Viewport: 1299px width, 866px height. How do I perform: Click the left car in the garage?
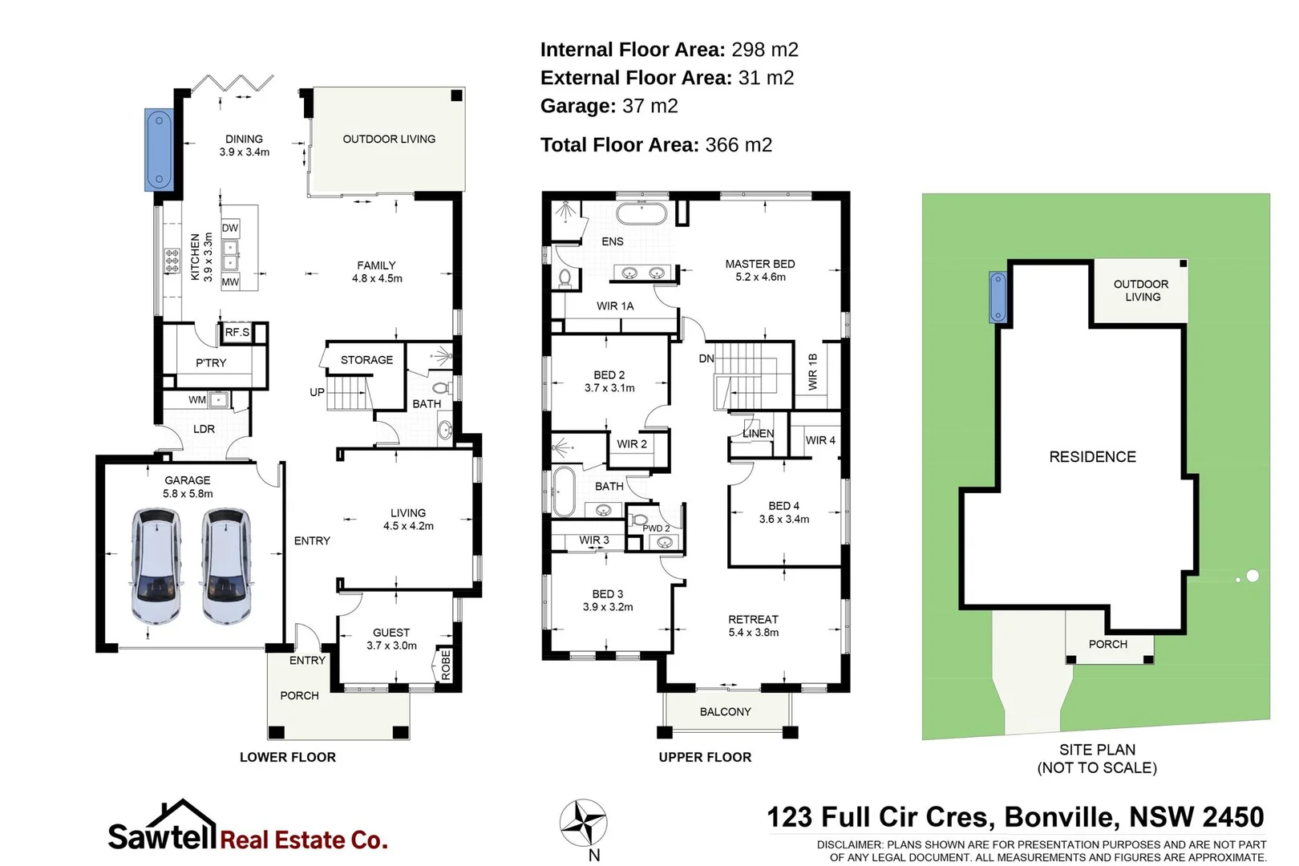[x=156, y=565]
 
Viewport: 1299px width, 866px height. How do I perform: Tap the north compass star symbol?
[x=583, y=823]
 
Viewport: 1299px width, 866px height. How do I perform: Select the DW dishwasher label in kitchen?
[x=230, y=228]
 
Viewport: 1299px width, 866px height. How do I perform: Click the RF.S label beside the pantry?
[x=237, y=332]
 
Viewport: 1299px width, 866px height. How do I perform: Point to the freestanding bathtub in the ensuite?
[x=641, y=213]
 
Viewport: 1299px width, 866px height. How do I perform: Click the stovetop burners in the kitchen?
[x=172, y=261]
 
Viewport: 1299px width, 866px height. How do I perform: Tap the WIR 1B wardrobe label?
[x=812, y=372]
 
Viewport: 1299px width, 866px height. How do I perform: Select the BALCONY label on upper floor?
[x=726, y=712]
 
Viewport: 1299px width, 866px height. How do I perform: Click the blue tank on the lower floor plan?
[x=158, y=150]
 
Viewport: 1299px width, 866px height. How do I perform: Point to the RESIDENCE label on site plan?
[x=1093, y=457]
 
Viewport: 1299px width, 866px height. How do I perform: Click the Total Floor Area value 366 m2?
[x=739, y=144]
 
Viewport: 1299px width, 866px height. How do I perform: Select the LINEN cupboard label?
[x=758, y=433]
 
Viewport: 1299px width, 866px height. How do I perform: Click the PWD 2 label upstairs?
[x=656, y=528]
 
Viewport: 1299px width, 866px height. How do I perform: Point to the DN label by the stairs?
[x=706, y=358]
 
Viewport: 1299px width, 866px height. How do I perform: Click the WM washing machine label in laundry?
[x=197, y=399]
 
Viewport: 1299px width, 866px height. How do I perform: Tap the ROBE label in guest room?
[x=445, y=665]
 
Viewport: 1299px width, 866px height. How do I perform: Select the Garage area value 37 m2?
[x=650, y=106]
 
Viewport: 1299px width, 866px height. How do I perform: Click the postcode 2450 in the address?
[x=1233, y=817]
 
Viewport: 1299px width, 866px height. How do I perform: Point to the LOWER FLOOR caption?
[x=288, y=757]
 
